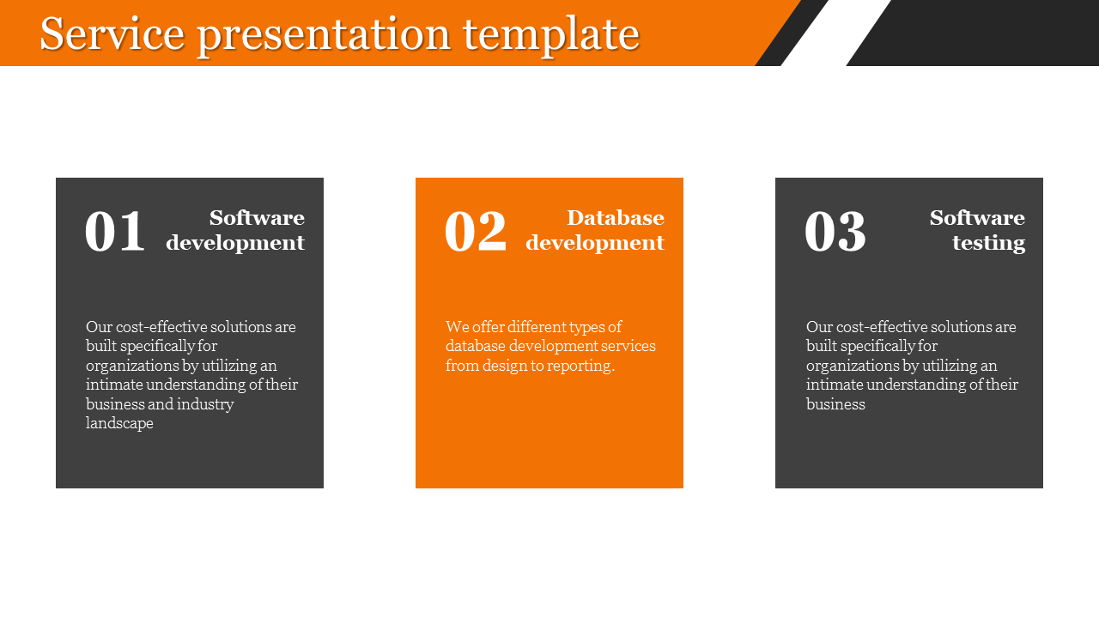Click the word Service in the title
(112, 33)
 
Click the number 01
(115, 231)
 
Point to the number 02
(476, 231)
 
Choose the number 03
(835, 231)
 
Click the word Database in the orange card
(616, 218)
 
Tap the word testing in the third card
(988, 243)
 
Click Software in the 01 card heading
(257, 218)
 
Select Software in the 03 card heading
(977, 218)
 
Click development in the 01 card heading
(235, 243)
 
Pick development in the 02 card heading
(595, 243)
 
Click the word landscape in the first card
(119, 423)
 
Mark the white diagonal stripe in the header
(835, 33)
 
